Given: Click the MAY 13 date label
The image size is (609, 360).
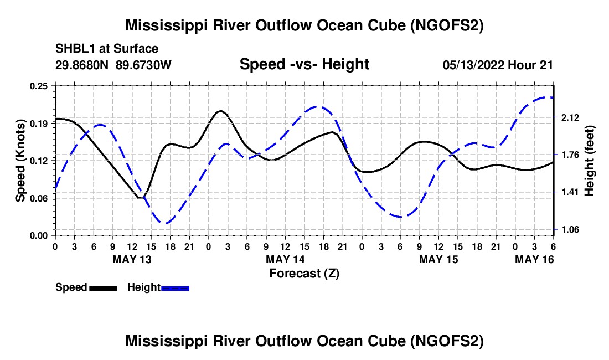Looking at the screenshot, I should [x=132, y=259].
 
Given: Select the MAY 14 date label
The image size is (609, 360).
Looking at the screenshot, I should [x=285, y=259].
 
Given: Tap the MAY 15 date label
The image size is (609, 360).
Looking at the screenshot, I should [x=438, y=259].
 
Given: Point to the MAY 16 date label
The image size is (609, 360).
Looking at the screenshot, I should [x=534, y=259].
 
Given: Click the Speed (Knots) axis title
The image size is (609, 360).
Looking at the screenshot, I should [x=20, y=161].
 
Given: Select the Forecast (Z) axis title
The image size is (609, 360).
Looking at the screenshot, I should [x=304, y=273].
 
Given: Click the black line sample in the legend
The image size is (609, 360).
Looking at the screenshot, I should [x=103, y=288].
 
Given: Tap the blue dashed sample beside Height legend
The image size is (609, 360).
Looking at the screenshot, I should [x=176, y=288].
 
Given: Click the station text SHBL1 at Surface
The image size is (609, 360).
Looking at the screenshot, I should [x=107, y=49].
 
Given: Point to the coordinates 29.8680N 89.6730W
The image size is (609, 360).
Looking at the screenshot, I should [x=113, y=65].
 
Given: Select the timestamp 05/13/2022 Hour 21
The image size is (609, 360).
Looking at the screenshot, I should [x=498, y=65].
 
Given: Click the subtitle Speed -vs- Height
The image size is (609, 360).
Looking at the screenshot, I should [x=304, y=64].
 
